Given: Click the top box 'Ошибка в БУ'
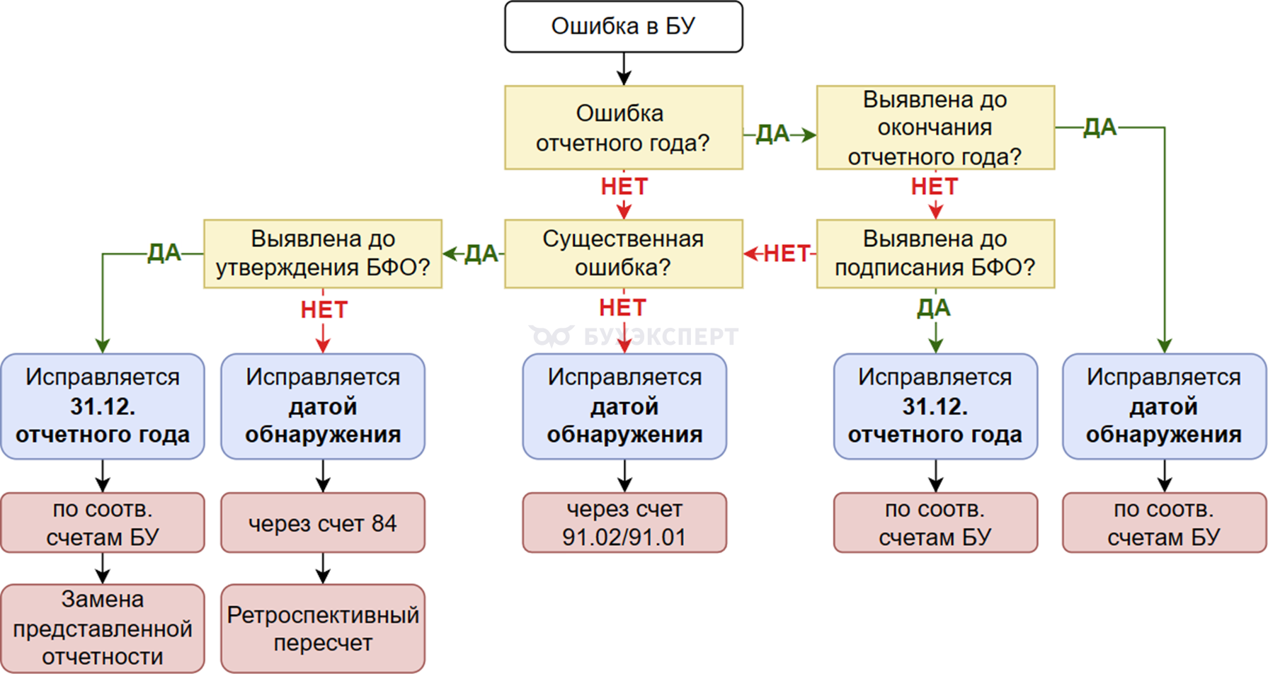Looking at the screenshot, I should pos(623,27).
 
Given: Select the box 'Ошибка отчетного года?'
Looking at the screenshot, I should pos(623,127).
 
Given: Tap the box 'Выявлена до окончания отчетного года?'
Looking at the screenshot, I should pos(935,127).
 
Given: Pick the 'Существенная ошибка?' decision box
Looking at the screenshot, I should pos(623,253).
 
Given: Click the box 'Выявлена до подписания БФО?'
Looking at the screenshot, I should pos(935,253).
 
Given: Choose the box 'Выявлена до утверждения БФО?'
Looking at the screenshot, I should pos(323,253).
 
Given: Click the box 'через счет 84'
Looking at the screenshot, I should pos(323,523).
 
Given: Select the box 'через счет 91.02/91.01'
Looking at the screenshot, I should pos(624,523).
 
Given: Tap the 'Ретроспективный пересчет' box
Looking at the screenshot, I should pos(323,629).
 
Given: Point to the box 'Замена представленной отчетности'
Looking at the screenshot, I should pos(103,629).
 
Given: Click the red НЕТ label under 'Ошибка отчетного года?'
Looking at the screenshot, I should pos(624,186).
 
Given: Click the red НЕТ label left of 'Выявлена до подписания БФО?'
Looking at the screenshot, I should pos(786,253).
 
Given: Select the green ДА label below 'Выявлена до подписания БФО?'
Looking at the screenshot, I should pos(934,308).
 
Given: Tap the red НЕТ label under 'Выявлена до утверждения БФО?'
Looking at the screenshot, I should pos(324,309).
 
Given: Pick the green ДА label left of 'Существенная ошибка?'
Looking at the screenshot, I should pos(481,253).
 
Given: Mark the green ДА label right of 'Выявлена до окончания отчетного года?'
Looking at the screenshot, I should pos(1099,127).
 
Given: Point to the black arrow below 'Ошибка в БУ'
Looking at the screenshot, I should pos(624,69).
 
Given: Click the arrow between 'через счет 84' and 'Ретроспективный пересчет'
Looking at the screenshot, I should pos(323,569).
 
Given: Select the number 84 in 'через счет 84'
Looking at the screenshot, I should pos(384,523).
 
